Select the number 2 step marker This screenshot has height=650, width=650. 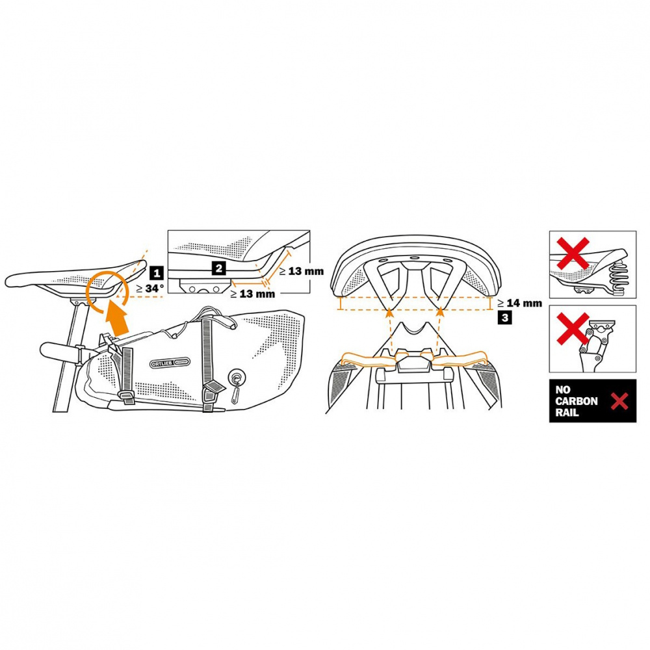point(219,267)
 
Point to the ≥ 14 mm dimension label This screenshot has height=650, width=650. point(519,303)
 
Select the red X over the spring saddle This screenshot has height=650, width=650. point(573,254)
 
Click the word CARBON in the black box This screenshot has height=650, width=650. point(577,401)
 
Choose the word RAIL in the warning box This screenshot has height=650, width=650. point(567,413)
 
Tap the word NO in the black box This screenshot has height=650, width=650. point(562,390)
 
